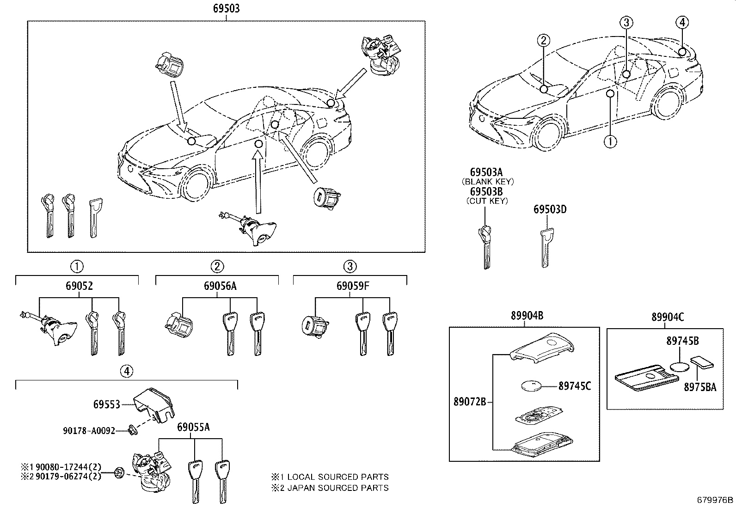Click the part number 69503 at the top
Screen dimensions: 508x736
(x=226, y=8)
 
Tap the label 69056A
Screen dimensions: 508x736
(x=220, y=286)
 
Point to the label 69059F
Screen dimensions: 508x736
(x=353, y=286)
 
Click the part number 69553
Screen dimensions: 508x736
(x=106, y=404)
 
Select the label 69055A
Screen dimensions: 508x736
(x=193, y=427)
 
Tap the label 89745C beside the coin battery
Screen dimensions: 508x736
(x=575, y=386)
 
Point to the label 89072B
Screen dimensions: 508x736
(x=470, y=402)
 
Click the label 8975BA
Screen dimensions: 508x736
(x=700, y=387)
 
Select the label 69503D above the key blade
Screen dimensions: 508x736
(x=550, y=209)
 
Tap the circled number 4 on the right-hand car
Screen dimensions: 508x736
(x=682, y=22)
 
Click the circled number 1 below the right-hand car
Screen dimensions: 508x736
(x=610, y=141)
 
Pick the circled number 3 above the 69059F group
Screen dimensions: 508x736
(x=350, y=266)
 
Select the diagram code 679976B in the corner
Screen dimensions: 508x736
(x=715, y=500)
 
